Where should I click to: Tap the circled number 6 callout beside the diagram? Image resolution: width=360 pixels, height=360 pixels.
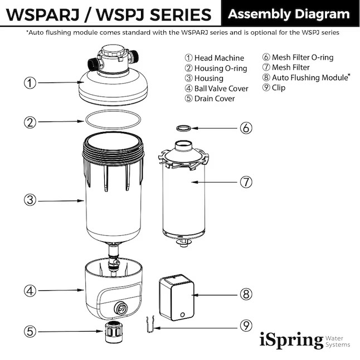pos(246,128)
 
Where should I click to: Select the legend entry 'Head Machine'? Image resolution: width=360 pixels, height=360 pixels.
pos(214,58)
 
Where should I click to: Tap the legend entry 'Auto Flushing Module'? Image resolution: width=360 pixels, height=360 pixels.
pos(307,77)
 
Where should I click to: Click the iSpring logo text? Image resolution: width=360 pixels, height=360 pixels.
pos(291,339)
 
